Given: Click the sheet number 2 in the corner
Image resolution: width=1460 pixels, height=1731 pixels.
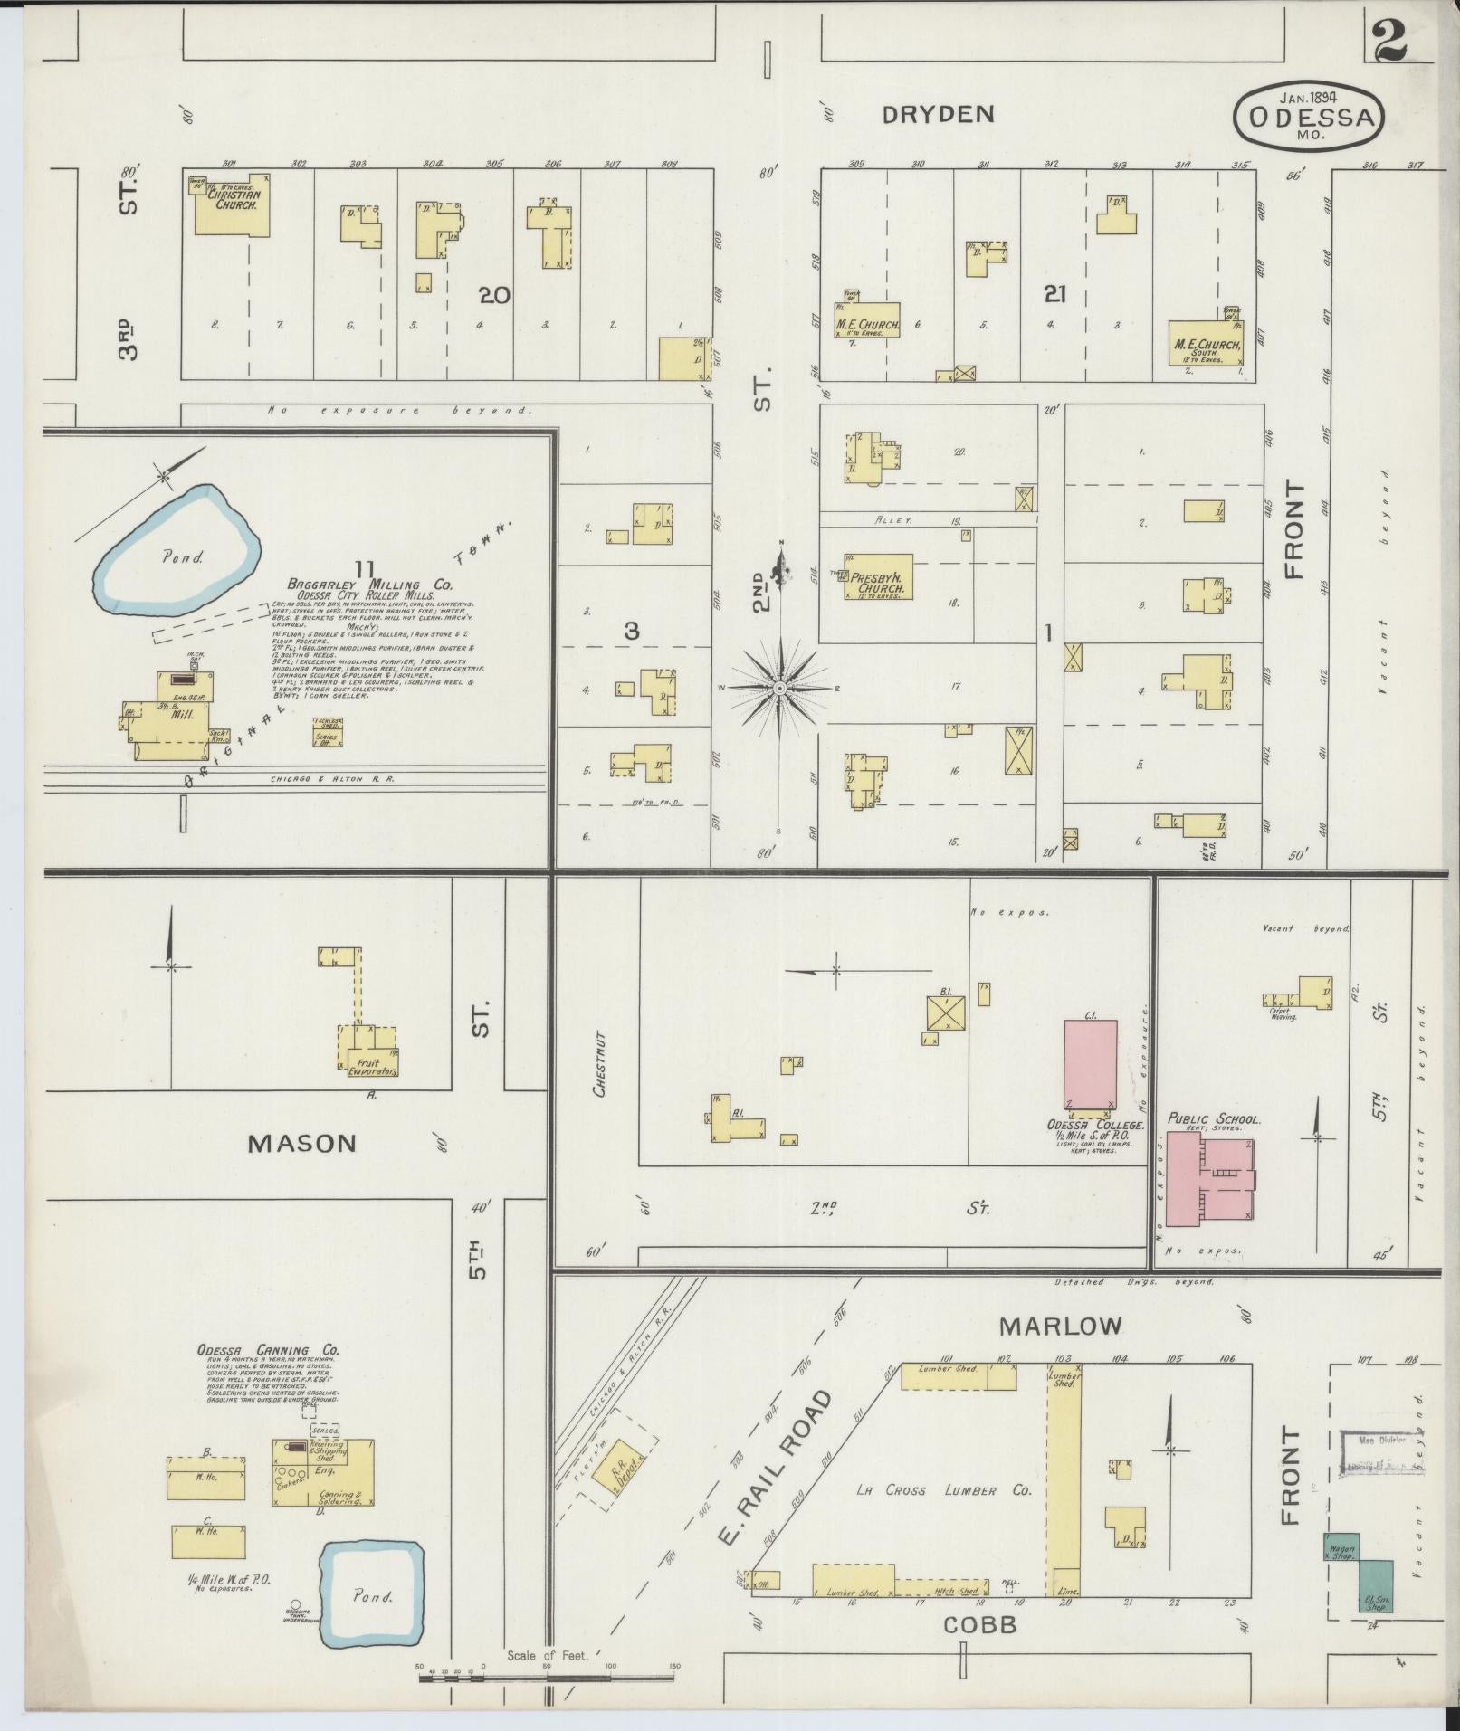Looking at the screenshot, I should (x=1389, y=41).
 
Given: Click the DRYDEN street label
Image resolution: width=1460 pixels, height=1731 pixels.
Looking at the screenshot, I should (x=939, y=114).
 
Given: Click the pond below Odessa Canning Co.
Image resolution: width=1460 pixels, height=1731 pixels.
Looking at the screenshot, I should (x=374, y=1595).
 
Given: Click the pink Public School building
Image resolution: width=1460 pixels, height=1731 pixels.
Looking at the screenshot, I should (x=1210, y=1177).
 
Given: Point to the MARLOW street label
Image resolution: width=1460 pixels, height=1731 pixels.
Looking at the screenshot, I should (x=1060, y=1327).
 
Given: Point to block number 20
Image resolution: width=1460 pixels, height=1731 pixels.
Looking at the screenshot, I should (x=495, y=295).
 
